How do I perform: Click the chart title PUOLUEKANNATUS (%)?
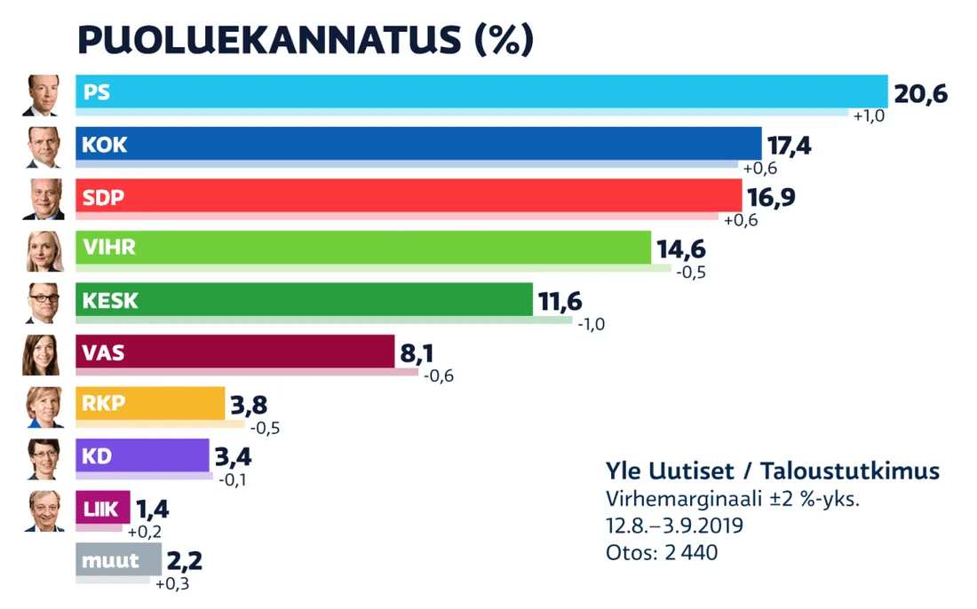[306, 40]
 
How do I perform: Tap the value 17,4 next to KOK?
[791, 145]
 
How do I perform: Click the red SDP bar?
[409, 196]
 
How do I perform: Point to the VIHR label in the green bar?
[109, 248]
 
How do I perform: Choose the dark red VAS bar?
[235, 352]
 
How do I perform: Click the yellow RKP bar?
[151, 403]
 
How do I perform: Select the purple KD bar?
[143, 455]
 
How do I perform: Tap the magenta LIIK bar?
[103, 508]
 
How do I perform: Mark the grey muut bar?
[119, 560]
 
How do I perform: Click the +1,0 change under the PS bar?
[870, 116]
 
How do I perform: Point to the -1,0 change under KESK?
[591, 324]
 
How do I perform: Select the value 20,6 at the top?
[921, 92]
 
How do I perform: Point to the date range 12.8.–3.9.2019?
[674, 526]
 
